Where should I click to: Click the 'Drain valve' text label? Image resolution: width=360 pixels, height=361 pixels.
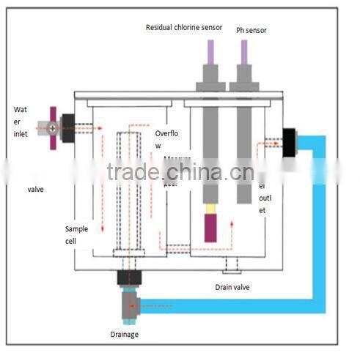pyautogui.click(x=233, y=287)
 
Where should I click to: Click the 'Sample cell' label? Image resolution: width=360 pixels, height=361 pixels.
pyautogui.click(x=76, y=234)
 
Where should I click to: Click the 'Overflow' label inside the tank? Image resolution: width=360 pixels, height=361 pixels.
pyautogui.click(x=166, y=139)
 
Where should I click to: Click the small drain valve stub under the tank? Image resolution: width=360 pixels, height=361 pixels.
pyautogui.click(x=232, y=265)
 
